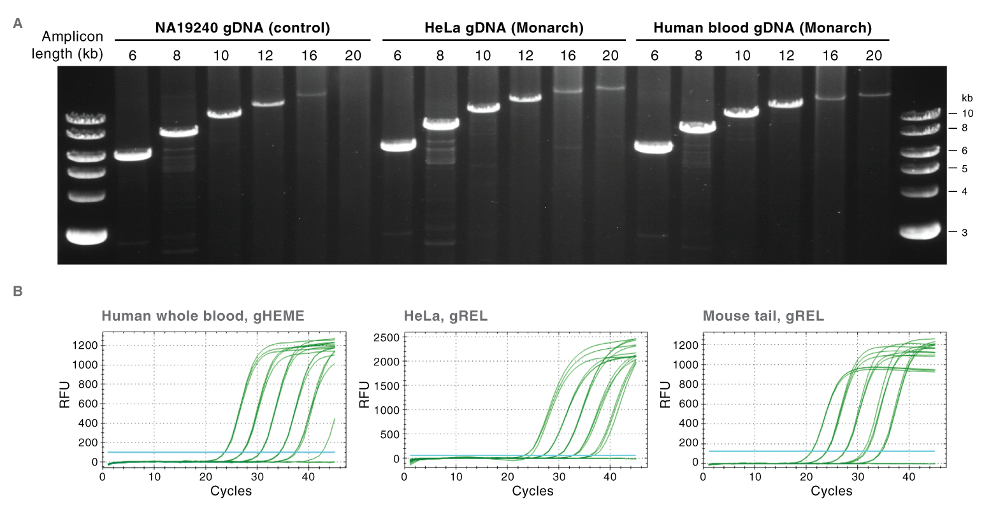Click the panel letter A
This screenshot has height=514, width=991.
[x=18, y=24]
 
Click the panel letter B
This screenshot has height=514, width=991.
[x=18, y=291]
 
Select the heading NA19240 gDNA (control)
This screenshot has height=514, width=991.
[x=242, y=28]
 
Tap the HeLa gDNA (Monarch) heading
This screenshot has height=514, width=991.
[x=503, y=28]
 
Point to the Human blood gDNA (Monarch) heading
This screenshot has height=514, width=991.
[x=762, y=28]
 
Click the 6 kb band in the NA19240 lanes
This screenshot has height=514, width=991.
[x=133, y=154]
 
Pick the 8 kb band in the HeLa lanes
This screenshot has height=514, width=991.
[x=440, y=123]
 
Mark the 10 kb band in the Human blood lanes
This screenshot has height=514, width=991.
[x=742, y=113]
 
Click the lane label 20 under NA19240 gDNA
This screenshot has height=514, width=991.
[x=352, y=55]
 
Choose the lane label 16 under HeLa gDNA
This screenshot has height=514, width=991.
[x=567, y=55]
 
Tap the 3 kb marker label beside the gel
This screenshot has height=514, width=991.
[x=965, y=233]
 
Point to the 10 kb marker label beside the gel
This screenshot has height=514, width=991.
[x=967, y=113]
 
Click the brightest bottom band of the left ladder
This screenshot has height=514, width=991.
[x=87, y=236]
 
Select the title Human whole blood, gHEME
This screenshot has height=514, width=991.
[x=203, y=316]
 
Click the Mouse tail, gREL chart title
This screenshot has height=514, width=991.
[x=763, y=316]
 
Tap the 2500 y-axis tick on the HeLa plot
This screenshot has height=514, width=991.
[x=387, y=337]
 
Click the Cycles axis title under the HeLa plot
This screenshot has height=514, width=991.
[x=533, y=491]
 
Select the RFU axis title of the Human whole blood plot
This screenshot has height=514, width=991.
[x=65, y=395]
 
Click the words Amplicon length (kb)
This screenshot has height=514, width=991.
[x=68, y=45]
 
